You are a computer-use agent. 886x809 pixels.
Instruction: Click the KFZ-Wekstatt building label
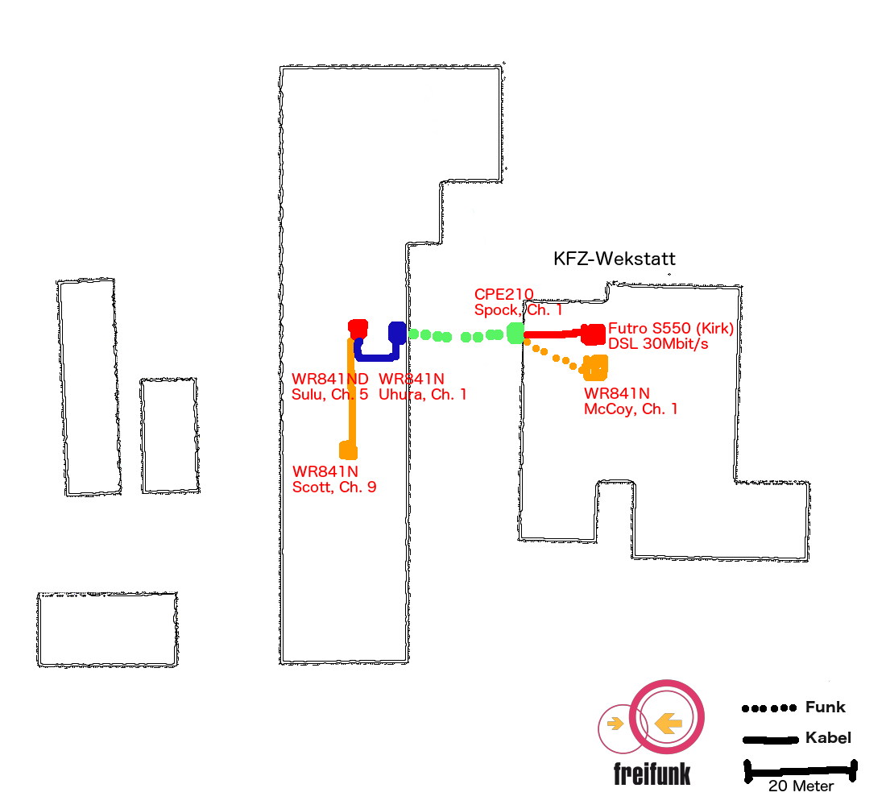pos(615,259)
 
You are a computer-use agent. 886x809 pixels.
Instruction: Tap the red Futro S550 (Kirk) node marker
pos(594,334)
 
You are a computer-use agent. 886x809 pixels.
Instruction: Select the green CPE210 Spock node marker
pos(515,333)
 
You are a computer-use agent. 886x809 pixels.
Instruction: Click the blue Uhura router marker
pos(398,333)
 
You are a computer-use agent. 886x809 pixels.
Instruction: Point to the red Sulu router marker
pos(358,328)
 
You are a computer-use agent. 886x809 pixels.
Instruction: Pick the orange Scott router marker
pos(348,450)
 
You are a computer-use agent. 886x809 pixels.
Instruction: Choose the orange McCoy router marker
pos(595,367)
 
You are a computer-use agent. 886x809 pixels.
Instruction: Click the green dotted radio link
pos(457,336)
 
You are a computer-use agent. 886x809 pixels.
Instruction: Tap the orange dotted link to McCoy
pos(554,356)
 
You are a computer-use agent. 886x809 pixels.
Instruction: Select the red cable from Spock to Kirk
pos(553,334)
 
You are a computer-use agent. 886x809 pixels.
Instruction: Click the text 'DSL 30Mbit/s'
pos(658,344)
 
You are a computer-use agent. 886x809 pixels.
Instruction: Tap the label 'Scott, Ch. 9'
pos(334,487)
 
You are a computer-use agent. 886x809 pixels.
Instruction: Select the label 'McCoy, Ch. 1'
pos(631,409)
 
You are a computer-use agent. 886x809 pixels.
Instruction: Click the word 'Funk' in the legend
pos(825,707)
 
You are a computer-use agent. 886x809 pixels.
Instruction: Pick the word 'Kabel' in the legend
pos(828,738)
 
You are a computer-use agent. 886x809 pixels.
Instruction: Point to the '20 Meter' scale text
pos(801,786)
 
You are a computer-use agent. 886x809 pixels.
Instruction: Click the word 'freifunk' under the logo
pos(652,774)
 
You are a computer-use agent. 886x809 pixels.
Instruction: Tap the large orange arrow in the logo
pos(668,723)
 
